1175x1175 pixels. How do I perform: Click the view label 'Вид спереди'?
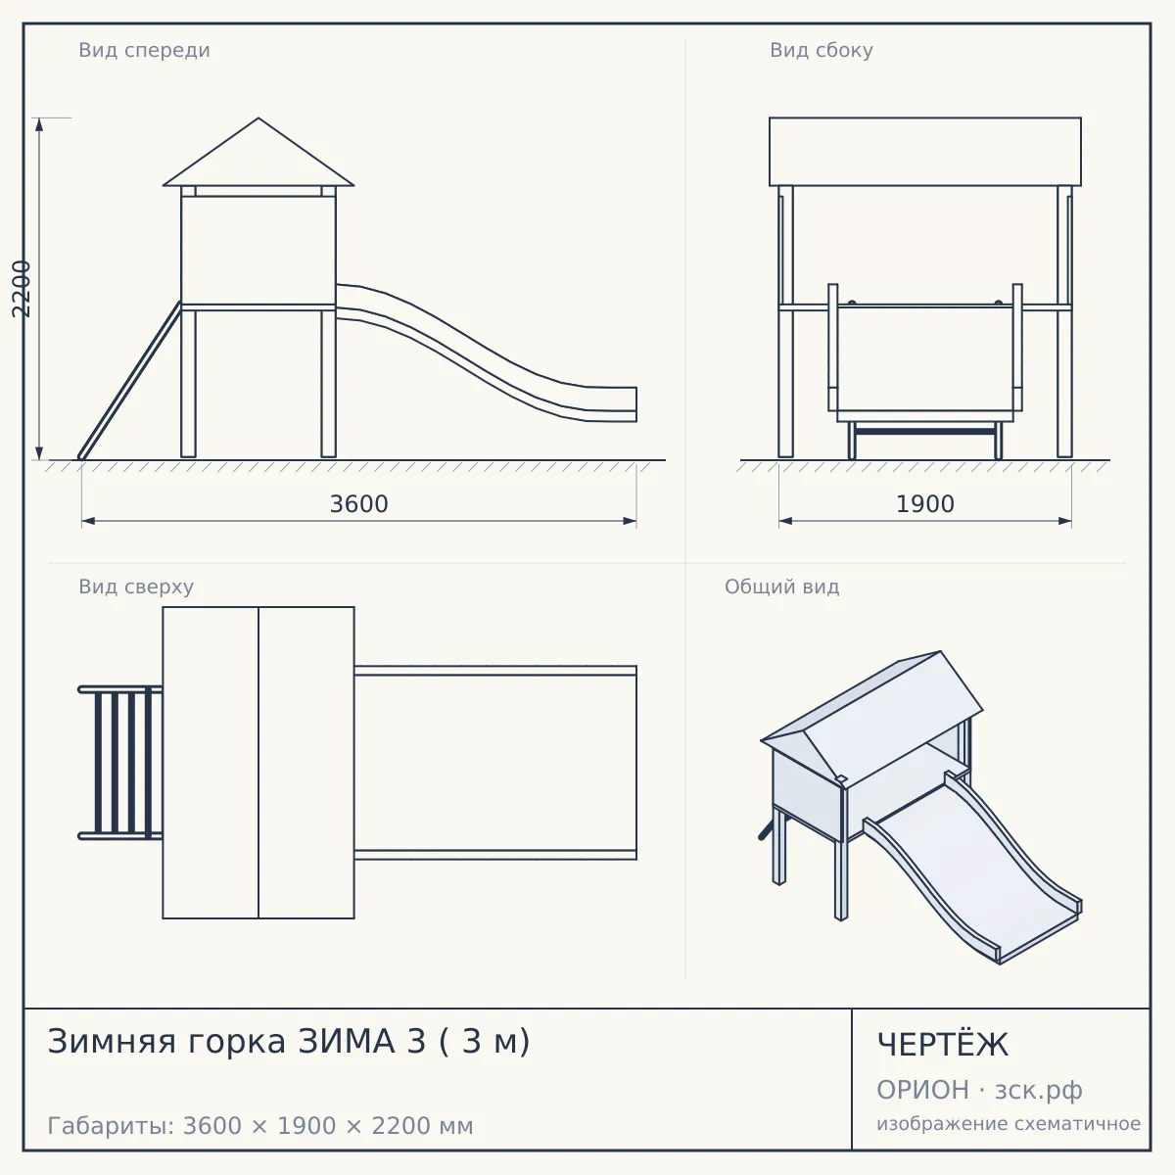click(x=144, y=50)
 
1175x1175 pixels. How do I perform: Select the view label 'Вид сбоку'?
click(x=821, y=50)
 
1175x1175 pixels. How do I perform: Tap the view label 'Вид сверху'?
click(x=136, y=587)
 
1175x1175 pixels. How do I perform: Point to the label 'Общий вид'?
click(x=781, y=587)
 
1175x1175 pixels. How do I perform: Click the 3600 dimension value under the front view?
click(x=358, y=504)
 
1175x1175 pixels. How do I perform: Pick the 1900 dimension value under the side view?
click(x=924, y=504)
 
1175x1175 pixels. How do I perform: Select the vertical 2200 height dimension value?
click(x=22, y=289)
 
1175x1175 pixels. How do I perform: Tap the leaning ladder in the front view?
click(x=129, y=381)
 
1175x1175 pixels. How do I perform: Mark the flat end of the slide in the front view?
click(x=613, y=403)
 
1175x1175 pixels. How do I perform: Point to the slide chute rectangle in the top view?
click(x=495, y=762)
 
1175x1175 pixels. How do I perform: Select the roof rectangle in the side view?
click(x=924, y=151)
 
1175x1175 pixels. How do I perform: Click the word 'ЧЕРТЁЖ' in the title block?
click(x=942, y=1045)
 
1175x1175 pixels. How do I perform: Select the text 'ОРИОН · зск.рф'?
click(x=979, y=1090)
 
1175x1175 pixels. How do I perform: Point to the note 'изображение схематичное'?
click(x=1009, y=1124)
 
